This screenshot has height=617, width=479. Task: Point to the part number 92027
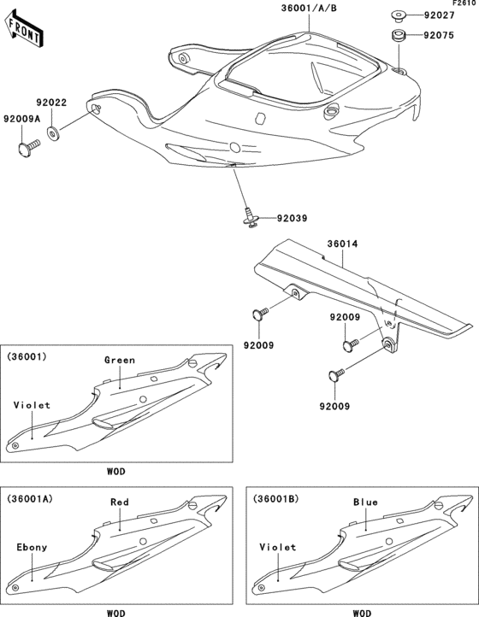click(x=441, y=15)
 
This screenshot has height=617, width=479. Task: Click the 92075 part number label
click(x=441, y=36)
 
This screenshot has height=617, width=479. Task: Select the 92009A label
click(x=19, y=119)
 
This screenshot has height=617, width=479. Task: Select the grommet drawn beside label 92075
click(x=398, y=37)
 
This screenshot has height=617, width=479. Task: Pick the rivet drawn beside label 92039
click(x=248, y=219)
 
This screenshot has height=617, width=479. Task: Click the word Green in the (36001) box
click(x=119, y=360)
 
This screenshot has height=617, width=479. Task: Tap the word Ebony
click(x=32, y=547)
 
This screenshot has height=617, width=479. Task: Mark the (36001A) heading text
click(x=31, y=498)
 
